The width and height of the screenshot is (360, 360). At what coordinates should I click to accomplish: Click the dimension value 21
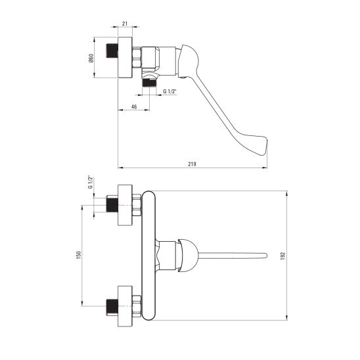(125, 24)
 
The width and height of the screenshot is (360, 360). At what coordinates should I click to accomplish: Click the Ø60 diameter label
(91, 58)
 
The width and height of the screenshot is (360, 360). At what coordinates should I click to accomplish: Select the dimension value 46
(134, 107)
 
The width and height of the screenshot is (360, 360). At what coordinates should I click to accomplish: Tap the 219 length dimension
(192, 164)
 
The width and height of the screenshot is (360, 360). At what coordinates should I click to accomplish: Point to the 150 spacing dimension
(79, 256)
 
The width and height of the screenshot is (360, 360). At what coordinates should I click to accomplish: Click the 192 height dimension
(282, 256)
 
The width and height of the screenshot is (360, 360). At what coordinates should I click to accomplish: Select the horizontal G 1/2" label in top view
(169, 91)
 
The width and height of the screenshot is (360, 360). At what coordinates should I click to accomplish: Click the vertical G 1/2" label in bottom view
(91, 182)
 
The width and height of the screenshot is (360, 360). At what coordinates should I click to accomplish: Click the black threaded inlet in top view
(112, 51)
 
